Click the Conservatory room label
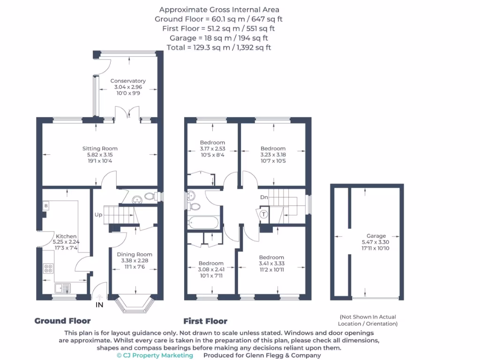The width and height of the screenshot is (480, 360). coord(128,81)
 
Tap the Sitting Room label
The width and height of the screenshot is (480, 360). coord(100,149)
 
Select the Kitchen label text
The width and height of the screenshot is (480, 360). coord(66,236)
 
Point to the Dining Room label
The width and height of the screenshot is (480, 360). coord(135,255)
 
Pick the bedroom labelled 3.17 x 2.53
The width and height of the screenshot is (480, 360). coord(212,142)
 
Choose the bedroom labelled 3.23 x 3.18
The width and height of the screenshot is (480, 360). coord(273,149)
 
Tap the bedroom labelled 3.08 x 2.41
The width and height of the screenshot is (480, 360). coord(211,263)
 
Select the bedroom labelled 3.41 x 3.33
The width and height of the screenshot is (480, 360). coord(271,257)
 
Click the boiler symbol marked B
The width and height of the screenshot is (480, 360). coord(46,206)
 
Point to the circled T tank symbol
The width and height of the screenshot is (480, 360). coord(264,214)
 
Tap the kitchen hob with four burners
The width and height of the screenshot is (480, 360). coord(48,268)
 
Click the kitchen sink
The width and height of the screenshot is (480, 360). coord(62,288)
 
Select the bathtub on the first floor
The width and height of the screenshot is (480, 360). coord(202,223)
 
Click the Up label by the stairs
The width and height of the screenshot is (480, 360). coord(98,215)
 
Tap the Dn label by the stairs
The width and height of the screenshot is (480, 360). coord(264,197)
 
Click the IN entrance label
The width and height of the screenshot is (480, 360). coord(99,305)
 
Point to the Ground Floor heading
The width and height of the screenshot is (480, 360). coord(62,321)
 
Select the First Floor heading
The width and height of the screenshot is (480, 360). coord(205,321)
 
